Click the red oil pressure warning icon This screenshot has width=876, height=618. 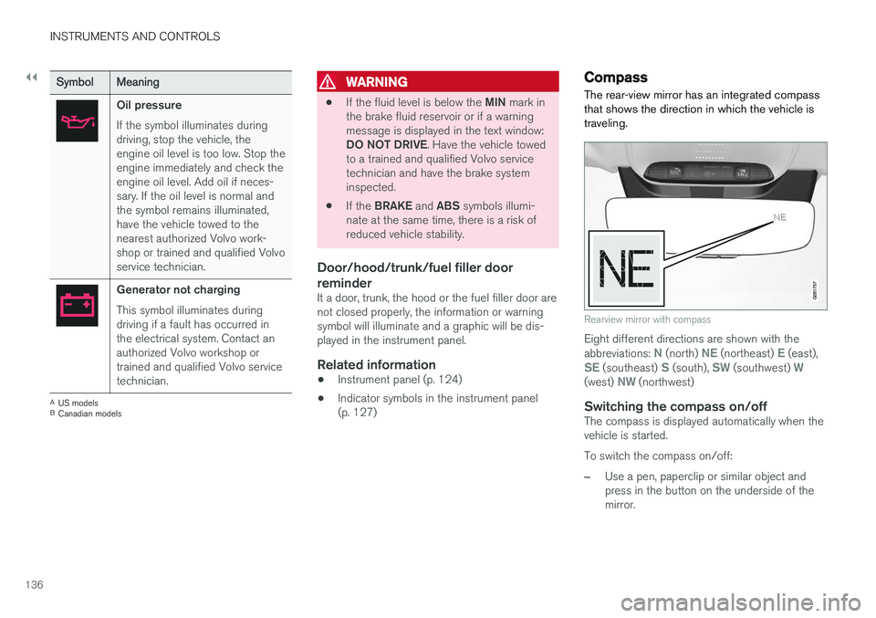(77, 120)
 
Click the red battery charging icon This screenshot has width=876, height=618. (77, 305)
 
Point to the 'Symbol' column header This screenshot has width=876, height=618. (75, 82)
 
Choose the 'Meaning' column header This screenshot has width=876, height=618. (138, 82)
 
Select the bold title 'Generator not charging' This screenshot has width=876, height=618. (179, 289)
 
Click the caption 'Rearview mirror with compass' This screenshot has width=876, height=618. (647, 319)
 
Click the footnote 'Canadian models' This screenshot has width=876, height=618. (89, 414)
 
